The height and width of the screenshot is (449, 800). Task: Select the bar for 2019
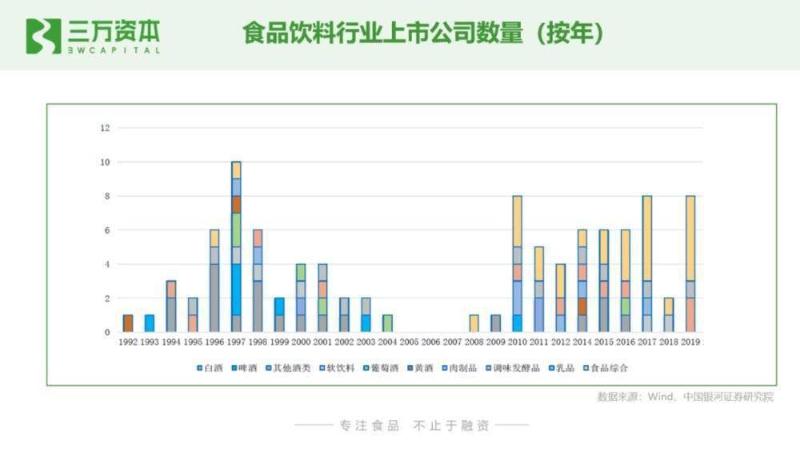690,263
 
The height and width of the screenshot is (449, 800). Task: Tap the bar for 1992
128,323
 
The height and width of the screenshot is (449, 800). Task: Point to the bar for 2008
474,323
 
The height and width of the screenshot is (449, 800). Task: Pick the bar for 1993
150,323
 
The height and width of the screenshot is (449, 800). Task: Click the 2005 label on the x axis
409,343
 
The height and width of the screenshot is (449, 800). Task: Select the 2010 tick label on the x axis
517,343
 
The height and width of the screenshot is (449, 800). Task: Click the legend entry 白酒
211,369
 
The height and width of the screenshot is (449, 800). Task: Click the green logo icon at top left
43,36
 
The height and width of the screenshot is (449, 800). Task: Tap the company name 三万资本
114,31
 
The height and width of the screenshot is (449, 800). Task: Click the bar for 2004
387,323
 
